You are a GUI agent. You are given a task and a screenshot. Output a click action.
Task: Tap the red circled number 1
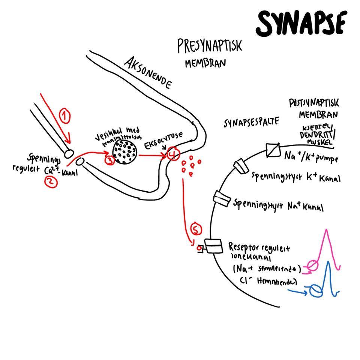(x=65, y=117)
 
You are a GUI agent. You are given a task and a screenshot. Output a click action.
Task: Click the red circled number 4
(x=172, y=154)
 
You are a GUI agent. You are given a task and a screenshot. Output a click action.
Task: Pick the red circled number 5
(x=196, y=228)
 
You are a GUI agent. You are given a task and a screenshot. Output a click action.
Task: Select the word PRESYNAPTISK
(x=209, y=47)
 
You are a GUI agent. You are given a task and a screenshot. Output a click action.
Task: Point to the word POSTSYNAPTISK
(x=314, y=103)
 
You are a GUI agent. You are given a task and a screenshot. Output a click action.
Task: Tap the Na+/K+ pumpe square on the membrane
(x=273, y=150)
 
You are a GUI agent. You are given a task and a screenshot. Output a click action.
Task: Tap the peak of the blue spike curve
(x=328, y=262)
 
